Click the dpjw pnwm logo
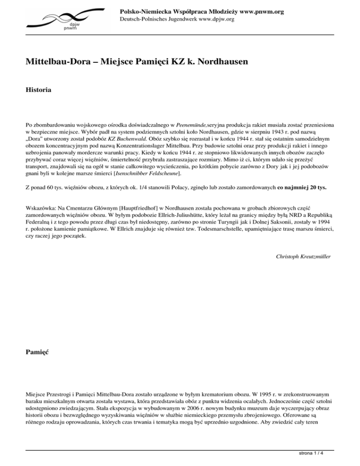pos(63,19)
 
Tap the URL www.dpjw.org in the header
pos(213,19)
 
